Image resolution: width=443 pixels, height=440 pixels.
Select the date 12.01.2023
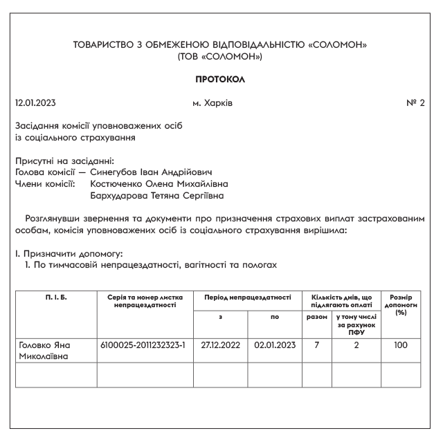tap(35, 103)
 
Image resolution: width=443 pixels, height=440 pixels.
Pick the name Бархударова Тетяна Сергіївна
tap(157, 196)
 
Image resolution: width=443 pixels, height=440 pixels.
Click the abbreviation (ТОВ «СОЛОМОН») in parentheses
tap(221, 56)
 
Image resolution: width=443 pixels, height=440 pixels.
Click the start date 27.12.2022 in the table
tap(220, 344)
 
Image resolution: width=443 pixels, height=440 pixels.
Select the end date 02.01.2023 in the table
tap(274, 344)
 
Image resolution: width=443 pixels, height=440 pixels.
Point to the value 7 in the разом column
tap(316, 344)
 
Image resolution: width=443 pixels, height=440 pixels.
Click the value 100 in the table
tap(400, 344)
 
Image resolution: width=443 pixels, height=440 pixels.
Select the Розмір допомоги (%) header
tap(400, 303)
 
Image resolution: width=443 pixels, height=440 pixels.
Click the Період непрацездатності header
tap(247, 297)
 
